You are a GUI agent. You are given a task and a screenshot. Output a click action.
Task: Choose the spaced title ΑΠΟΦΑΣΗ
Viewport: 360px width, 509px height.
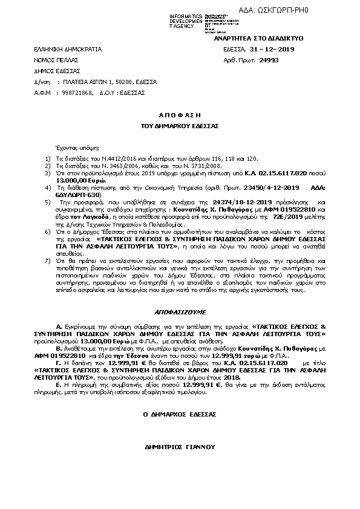click(x=179, y=114)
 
